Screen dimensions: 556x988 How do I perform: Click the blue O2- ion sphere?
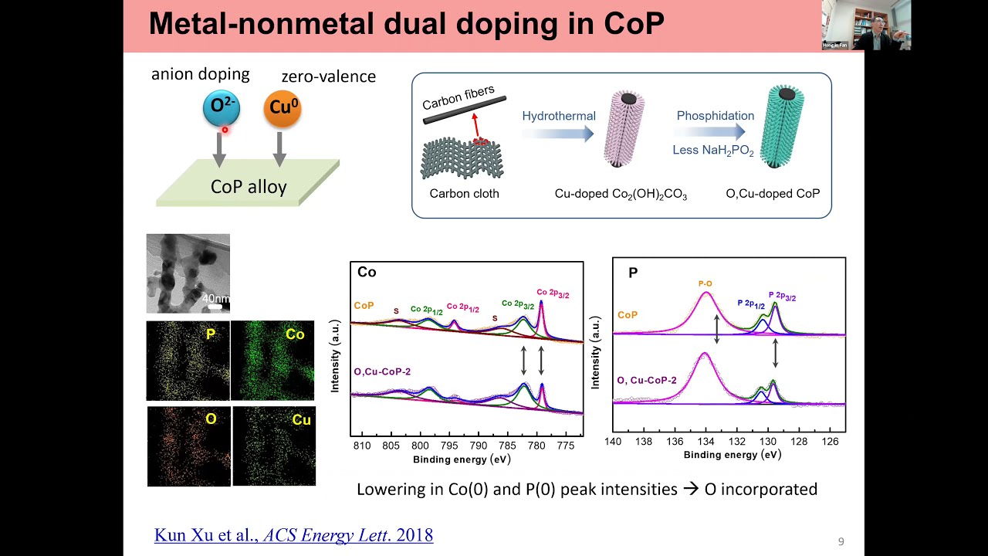221,109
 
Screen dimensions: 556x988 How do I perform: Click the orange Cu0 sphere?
282,108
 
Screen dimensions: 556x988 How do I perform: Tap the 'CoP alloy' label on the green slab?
249,186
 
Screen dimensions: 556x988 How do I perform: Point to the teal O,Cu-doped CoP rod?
786,128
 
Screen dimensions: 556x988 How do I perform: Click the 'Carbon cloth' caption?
465,194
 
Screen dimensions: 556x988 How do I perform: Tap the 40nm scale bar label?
215,298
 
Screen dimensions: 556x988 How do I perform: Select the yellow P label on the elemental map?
211,334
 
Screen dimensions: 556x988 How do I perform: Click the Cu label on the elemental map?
301,420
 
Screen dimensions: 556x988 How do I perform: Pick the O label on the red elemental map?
211,419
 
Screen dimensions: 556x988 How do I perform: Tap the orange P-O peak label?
705,283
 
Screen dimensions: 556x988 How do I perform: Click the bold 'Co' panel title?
367,272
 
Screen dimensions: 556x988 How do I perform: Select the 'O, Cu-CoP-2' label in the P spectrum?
646,380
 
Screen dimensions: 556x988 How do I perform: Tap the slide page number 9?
841,542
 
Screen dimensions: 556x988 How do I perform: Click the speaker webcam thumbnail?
866,25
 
